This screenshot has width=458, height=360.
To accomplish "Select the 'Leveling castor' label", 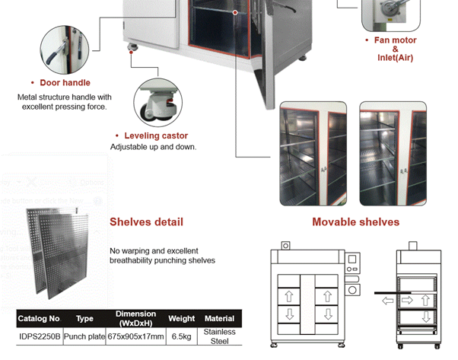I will [x=155, y=135].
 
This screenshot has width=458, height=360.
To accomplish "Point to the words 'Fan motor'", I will [x=395, y=40].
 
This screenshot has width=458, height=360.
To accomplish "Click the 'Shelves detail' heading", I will [x=146, y=222].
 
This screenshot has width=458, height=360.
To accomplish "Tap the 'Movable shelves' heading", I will [x=355, y=222].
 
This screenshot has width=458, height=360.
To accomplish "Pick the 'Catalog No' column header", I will [x=39, y=319].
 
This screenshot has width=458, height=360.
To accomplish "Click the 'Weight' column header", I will [x=182, y=319].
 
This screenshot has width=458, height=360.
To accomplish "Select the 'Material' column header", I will [x=220, y=319].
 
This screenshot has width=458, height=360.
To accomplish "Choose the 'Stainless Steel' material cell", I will [x=220, y=336].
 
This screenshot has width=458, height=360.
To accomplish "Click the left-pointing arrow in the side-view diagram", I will [x=388, y=301].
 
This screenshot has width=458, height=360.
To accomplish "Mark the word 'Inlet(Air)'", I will [x=395, y=58].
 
